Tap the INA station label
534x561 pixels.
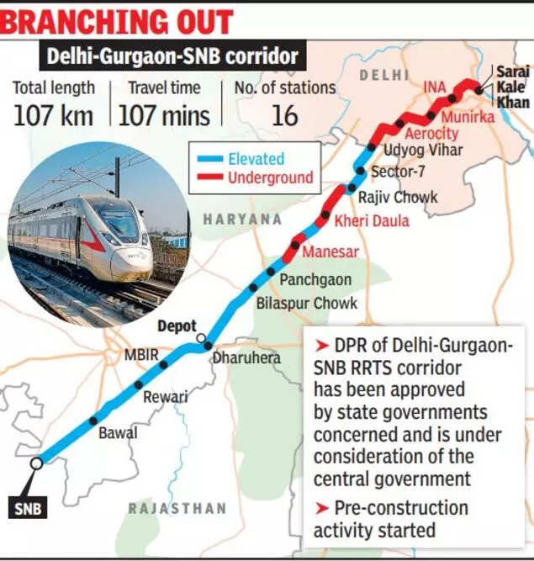(x=434, y=87)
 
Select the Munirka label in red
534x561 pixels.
(x=468, y=117)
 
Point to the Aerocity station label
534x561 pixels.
(x=432, y=134)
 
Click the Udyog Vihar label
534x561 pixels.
(x=411, y=151)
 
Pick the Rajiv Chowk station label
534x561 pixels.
(x=398, y=198)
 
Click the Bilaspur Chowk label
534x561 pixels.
(x=307, y=303)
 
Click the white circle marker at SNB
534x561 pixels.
(x=36, y=462)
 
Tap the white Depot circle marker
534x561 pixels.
(x=201, y=339)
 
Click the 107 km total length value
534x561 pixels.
(x=53, y=115)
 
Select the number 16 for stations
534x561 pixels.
(x=284, y=115)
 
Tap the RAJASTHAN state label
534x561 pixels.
(x=177, y=508)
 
